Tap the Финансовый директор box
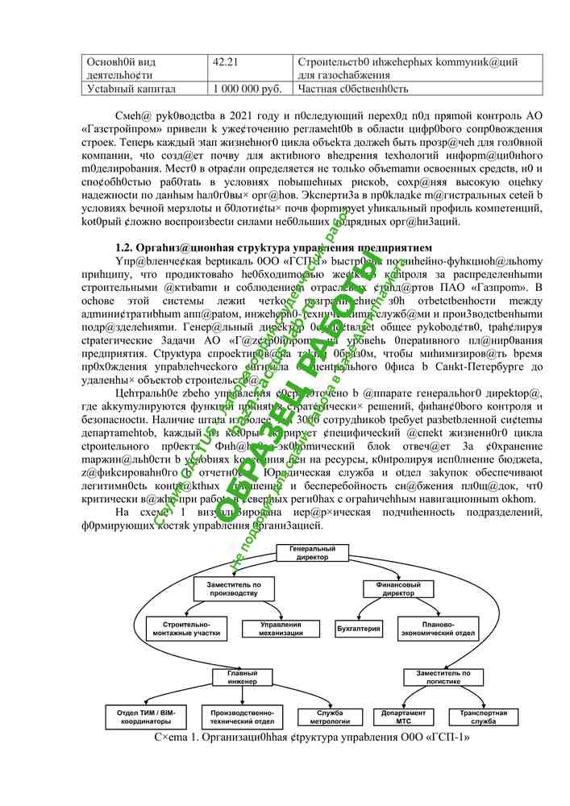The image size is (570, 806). click(x=397, y=588)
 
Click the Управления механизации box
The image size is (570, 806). click(x=281, y=629)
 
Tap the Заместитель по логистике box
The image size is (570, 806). click(x=443, y=678)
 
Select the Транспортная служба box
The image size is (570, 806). click(x=484, y=717)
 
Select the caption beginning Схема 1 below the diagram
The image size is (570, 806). click(x=310, y=737)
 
